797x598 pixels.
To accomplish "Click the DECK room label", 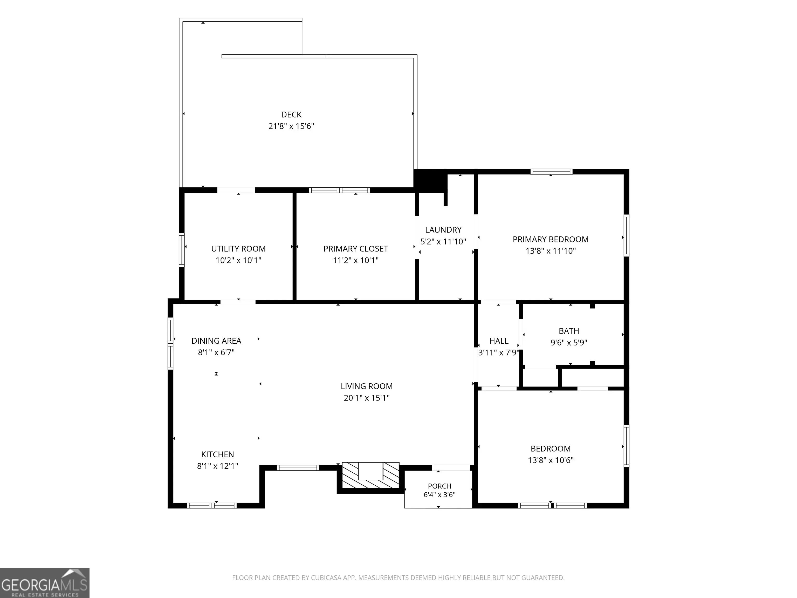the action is coord(291,115).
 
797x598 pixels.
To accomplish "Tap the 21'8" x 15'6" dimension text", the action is coord(291,126).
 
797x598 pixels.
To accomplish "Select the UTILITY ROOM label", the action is coord(238,249).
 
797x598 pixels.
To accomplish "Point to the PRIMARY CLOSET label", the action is coord(356,249).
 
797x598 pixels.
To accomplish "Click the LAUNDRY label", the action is coord(443,230).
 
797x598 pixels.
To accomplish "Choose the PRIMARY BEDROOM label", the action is coord(551,239).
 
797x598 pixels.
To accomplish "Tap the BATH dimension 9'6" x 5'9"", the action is coord(569,342).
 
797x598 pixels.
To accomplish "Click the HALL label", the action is coord(499,341).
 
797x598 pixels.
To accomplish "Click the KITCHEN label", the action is coord(218,454).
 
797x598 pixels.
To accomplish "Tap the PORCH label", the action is coord(439,486).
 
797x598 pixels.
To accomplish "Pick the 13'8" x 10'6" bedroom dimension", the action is coord(551,460).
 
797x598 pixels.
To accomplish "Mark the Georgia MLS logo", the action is coord(45,583).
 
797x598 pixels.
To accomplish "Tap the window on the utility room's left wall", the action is coord(182,250).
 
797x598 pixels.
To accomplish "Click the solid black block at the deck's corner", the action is coord(430,181).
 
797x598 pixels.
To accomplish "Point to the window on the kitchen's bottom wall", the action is coord(212,505).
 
